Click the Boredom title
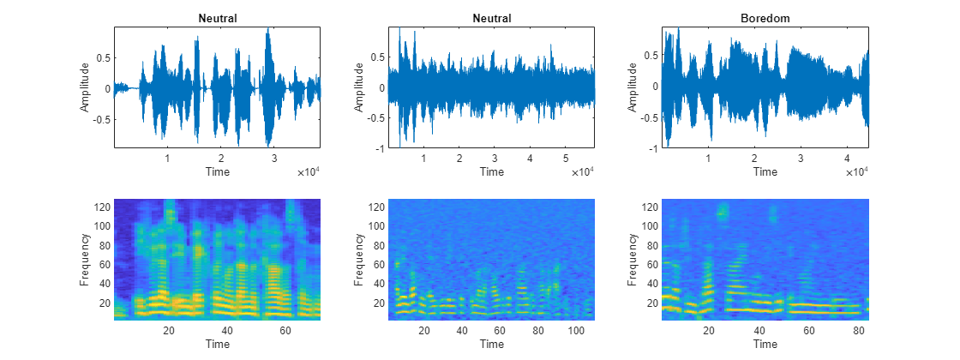(x=765, y=18)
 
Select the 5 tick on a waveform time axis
(x=566, y=159)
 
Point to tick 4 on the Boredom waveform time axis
(x=847, y=159)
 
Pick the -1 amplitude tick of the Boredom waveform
(x=653, y=149)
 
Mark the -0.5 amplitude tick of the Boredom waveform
(x=649, y=118)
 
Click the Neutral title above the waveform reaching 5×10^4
(x=491, y=18)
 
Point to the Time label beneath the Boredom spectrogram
(x=765, y=344)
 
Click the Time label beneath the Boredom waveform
(x=765, y=171)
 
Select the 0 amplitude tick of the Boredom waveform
(x=655, y=87)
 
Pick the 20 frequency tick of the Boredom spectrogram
(x=651, y=303)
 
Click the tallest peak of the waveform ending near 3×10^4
(x=268, y=29)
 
